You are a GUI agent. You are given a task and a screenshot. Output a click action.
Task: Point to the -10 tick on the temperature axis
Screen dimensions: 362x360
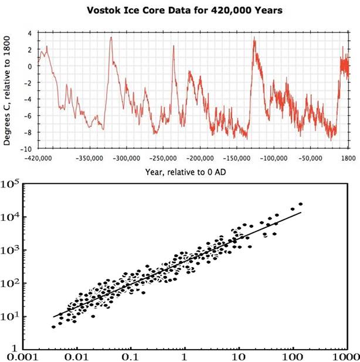[26, 149]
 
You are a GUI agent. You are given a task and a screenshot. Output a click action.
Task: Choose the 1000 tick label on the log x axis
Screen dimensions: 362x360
[344, 356]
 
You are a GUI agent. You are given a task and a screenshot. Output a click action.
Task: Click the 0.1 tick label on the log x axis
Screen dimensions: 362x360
[131, 356]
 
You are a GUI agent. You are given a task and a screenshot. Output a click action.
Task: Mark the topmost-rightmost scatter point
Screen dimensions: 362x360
[301, 204]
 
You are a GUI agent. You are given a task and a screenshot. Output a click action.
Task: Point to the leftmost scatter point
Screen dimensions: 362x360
[53, 327]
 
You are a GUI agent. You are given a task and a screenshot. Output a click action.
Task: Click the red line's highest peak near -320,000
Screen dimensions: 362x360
[110, 53]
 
